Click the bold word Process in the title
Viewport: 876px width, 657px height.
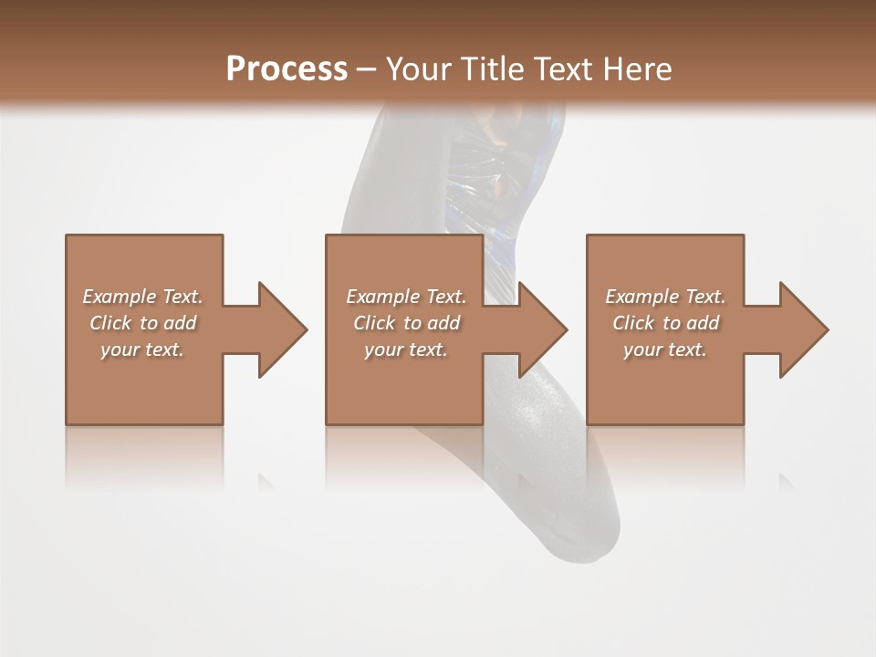(x=287, y=69)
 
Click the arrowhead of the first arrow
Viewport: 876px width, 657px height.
(x=282, y=329)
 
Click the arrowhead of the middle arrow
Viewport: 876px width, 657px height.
(x=542, y=329)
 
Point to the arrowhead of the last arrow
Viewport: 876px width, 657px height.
(x=803, y=329)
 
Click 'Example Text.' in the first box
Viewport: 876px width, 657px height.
(x=142, y=297)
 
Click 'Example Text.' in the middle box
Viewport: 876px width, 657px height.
(x=406, y=297)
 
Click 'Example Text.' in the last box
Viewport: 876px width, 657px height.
(x=665, y=297)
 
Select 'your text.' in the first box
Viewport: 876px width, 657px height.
(x=142, y=349)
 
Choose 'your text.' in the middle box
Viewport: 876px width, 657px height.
(x=406, y=349)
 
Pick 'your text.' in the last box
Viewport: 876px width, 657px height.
(x=665, y=349)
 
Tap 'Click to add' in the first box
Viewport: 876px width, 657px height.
(x=142, y=323)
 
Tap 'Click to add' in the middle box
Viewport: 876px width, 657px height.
(x=406, y=323)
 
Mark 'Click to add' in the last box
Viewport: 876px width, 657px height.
(x=665, y=323)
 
